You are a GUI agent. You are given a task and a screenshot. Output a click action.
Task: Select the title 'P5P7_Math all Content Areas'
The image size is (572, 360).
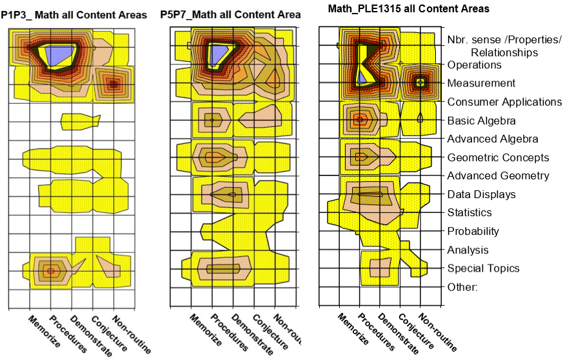(x=229, y=14)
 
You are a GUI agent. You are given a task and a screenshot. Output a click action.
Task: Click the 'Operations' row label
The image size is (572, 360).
(x=474, y=65)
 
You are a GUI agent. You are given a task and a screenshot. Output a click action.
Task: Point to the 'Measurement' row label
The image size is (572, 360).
(x=481, y=83)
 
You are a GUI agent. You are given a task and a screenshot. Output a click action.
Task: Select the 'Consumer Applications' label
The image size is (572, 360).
(x=504, y=102)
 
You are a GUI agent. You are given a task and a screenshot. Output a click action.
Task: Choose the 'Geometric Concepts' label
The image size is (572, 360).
(x=498, y=157)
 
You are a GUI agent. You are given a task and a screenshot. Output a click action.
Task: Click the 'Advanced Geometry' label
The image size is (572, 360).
(x=498, y=175)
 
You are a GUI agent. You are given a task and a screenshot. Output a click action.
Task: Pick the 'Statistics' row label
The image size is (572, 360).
(x=469, y=212)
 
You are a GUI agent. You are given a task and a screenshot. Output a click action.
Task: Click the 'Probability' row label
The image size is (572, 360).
(x=473, y=231)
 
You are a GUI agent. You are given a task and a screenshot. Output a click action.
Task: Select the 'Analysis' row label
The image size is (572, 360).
(x=468, y=250)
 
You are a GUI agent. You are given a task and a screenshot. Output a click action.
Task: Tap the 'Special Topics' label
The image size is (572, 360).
(x=483, y=268)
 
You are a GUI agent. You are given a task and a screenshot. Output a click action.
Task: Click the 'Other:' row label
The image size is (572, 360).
(x=462, y=286)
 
